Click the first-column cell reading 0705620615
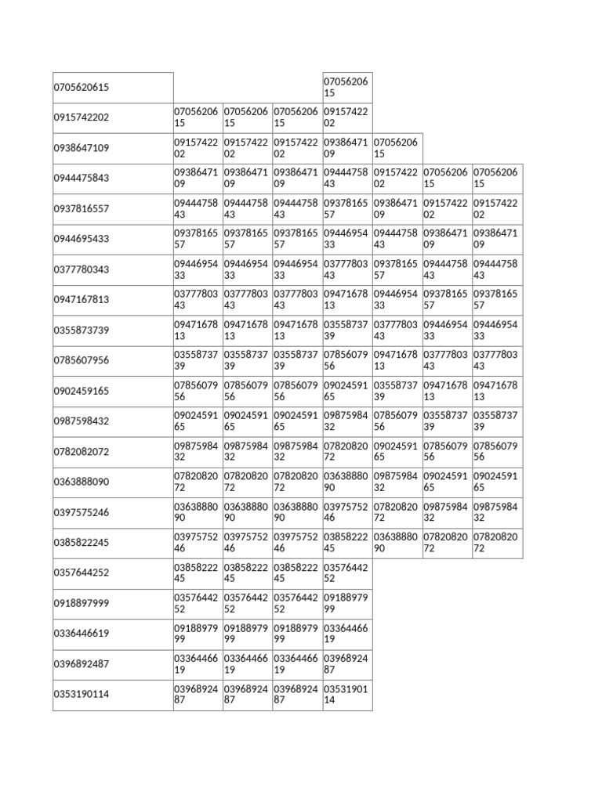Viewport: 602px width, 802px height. [x=82, y=87]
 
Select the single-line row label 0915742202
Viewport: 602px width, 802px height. [x=82, y=117]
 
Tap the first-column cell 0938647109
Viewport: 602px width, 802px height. [x=82, y=148]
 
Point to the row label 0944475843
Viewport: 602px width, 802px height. [x=82, y=178]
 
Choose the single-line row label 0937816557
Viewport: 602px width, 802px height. [x=82, y=208]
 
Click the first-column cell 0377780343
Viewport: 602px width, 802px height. [x=82, y=269]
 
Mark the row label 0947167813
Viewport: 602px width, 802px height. [x=82, y=299]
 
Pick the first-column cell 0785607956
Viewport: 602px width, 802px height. [x=82, y=360]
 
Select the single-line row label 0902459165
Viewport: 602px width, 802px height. [x=82, y=390]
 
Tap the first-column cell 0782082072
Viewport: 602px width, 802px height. [x=82, y=451]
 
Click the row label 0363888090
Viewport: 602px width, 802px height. [x=82, y=482]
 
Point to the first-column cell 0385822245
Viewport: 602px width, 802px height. [x=82, y=542]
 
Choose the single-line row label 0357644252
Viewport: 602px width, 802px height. [x=82, y=573]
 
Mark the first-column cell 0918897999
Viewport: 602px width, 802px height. [x=82, y=603]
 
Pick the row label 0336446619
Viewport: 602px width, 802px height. [x=82, y=634]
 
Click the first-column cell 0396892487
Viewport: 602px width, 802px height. [x=82, y=664]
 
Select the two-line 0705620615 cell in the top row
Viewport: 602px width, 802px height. [x=346, y=87]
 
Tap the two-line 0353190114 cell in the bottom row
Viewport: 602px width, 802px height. [x=346, y=695]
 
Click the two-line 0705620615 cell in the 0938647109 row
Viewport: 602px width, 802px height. [x=397, y=148]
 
